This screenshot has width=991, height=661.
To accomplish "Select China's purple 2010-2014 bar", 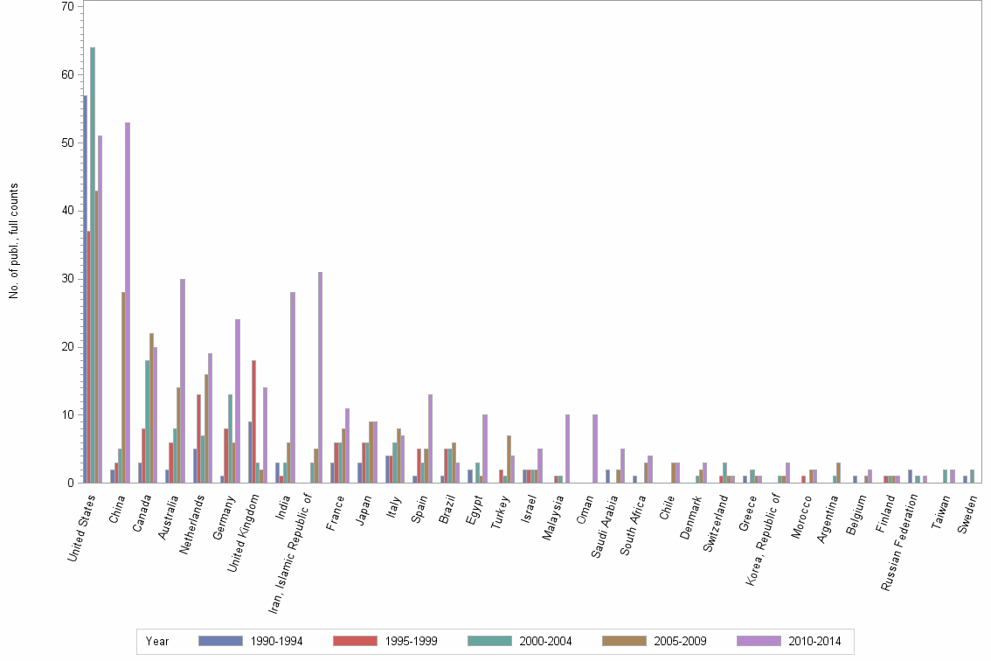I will [128, 303].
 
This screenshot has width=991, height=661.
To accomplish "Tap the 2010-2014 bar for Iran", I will [321, 377].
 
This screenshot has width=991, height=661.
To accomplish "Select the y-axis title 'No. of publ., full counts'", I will [14, 240].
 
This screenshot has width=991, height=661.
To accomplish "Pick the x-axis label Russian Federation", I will [900, 542].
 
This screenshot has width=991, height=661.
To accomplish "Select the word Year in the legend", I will [157, 642].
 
